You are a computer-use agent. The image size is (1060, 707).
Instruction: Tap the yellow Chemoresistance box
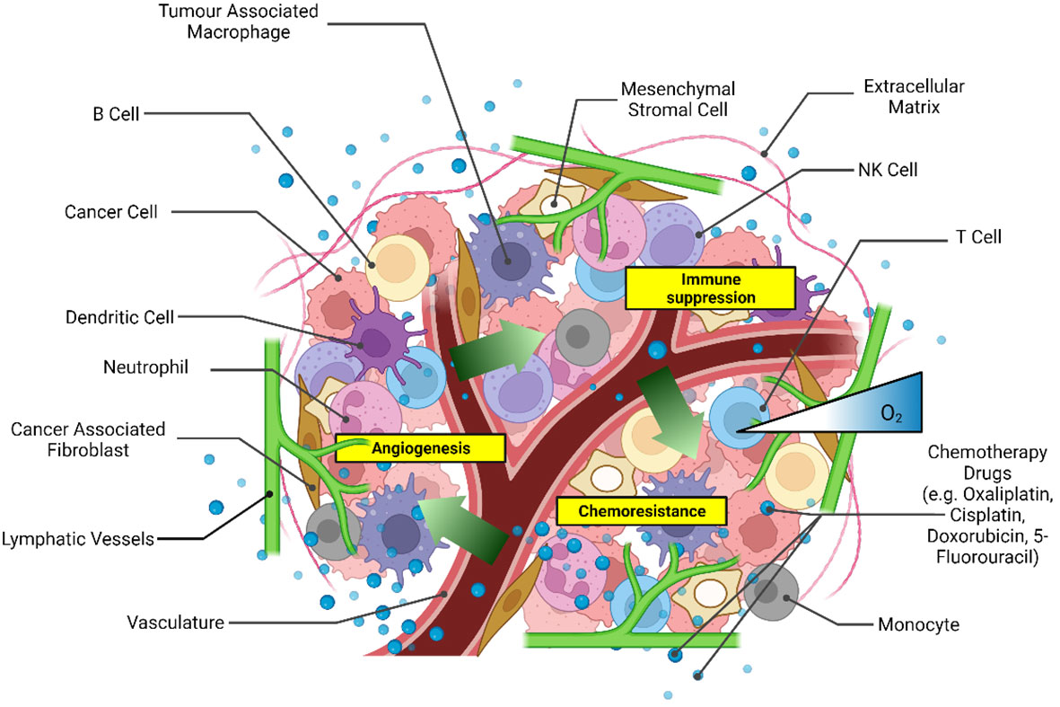click(x=640, y=511)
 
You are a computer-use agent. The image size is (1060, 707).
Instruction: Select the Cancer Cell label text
click(x=110, y=212)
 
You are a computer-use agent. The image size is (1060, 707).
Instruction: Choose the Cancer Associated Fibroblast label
click(x=87, y=439)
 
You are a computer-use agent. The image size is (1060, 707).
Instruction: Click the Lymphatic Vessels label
click(x=79, y=539)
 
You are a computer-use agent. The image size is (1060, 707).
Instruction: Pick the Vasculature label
click(x=174, y=622)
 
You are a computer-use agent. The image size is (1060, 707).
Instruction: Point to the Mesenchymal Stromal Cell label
click(x=678, y=101)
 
